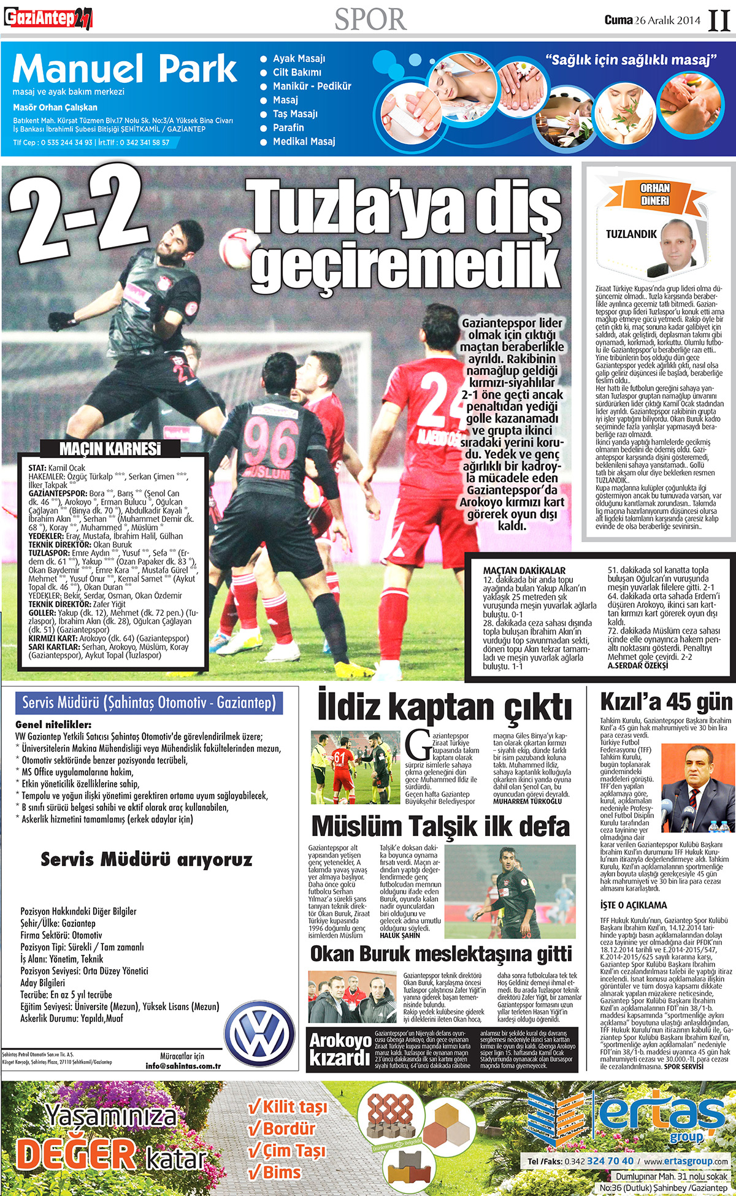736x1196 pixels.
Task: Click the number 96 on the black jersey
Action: (270, 442)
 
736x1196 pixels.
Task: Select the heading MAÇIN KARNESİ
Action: (110, 449)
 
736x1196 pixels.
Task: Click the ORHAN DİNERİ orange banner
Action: (654, 194)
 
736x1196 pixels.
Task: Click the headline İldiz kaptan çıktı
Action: (445, 707)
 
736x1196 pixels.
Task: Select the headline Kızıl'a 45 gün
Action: (666, 702)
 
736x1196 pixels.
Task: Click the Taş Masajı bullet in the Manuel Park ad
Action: (295, 114)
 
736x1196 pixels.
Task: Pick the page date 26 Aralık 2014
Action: (667, 20)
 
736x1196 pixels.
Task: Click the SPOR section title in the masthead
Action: (370, 19)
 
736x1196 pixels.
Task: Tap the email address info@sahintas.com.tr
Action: (183, 1065)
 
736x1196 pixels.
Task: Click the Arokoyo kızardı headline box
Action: (340, 1049)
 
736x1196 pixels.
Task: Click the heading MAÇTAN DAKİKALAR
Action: (524, 570)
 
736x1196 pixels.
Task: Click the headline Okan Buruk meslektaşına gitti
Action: (441, 954)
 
